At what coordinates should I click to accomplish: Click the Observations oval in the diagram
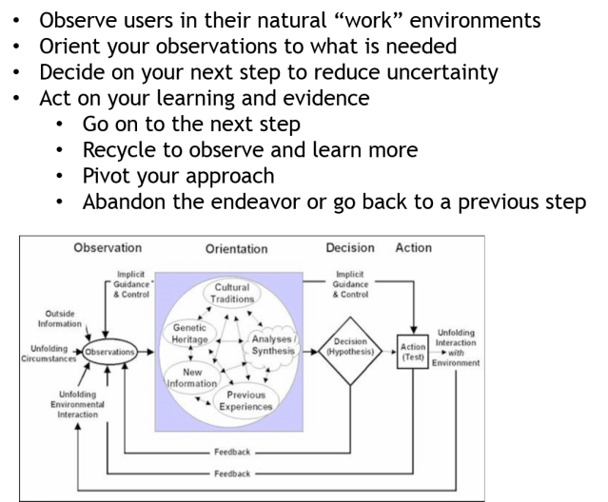click(x=109, y=352)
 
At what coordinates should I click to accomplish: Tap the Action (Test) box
click(x=413, y=352)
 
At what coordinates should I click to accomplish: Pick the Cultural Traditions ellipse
click(x=232, y=293)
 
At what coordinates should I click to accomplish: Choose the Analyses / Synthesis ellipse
click(x=272, y=344)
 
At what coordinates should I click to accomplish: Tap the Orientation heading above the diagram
click(x=237, y=249)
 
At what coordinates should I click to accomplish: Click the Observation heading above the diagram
click(x=108, y=248)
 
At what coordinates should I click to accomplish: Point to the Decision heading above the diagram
click(x=350, y=248)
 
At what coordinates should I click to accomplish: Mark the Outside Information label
click(x=60, y=318)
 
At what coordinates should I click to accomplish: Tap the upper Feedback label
click(x=231, y=452)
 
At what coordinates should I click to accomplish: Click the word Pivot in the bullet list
click(x=107, y=176)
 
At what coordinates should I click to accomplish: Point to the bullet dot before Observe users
click(x=17, y=21)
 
